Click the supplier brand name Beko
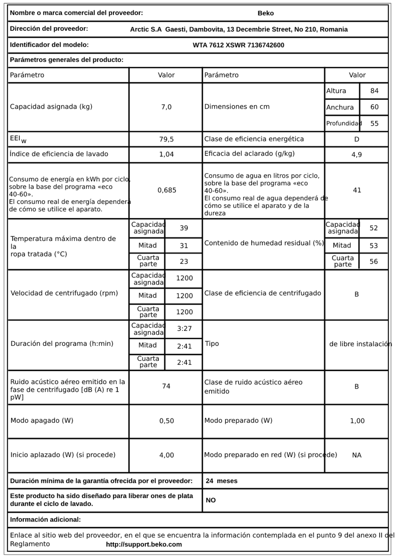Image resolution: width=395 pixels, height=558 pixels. point(265,13)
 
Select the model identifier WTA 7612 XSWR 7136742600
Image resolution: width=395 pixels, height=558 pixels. point(238,45)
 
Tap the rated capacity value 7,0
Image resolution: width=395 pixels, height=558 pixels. point(166,107)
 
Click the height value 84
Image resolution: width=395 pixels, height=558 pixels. point(374,91)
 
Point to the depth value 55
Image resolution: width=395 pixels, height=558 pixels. point(374,124)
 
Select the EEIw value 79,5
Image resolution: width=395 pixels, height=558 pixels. point(166,139)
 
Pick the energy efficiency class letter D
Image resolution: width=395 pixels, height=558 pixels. point(356,139)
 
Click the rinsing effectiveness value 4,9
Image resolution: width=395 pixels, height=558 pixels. point(357,155)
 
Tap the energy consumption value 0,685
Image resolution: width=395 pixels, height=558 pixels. point(167,190)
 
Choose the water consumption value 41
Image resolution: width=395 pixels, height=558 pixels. point(357,190)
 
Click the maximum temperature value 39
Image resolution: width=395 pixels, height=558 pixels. point(184,228)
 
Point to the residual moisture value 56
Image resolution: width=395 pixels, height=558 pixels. point(373,261)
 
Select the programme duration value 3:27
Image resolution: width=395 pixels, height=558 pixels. point(184,329)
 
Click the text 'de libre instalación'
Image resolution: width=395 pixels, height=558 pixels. point(360,344)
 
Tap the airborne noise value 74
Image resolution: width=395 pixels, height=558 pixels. point(166,387)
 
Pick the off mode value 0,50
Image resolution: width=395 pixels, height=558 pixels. point(167,421)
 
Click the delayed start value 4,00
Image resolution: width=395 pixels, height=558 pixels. point(167,455)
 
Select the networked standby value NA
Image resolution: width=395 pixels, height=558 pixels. point(357,455)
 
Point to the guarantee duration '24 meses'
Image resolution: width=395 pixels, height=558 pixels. point(222,481)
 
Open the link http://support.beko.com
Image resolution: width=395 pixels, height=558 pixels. point(144,544)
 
